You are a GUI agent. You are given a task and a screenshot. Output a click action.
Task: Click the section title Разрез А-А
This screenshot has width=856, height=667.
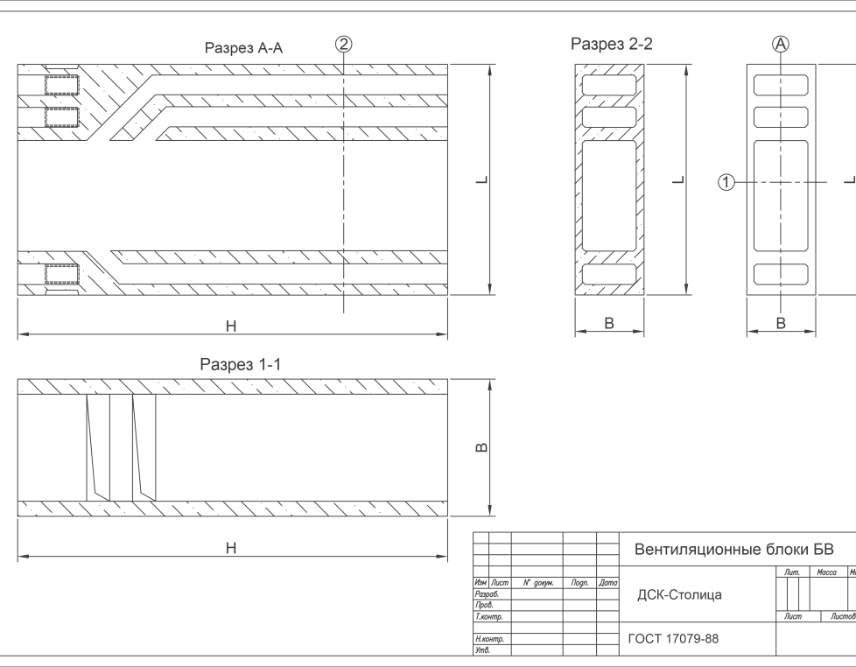click(243, 48)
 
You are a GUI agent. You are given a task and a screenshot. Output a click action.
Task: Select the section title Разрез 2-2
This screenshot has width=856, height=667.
click(612, 44)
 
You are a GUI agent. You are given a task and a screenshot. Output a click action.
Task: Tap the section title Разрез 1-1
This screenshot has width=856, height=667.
click(240, 364)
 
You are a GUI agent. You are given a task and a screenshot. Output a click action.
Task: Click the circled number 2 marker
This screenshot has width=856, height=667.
click(345, 45)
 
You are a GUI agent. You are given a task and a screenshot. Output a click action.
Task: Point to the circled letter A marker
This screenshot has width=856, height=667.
click(781, 45)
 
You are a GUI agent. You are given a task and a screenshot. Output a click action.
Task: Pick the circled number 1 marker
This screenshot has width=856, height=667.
click(726, 182)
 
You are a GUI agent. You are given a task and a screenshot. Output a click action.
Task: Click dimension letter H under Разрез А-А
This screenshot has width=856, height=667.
click(231, 326)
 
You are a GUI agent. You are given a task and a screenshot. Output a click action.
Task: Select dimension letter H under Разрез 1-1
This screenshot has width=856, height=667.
click(231, 548)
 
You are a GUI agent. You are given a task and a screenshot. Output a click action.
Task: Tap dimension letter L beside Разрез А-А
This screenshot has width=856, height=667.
click(481, 179)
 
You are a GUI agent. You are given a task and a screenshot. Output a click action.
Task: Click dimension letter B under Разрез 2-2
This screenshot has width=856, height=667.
click(610, 323)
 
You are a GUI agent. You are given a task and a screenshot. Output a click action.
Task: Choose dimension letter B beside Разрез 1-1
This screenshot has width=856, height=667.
click(481, 448)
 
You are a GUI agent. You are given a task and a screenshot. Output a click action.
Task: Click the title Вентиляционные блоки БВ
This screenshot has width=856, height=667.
click(733, 550)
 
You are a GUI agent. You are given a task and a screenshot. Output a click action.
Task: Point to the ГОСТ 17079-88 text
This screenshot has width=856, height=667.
click(673, 639)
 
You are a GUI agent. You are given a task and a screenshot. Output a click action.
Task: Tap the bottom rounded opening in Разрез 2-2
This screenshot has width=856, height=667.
click(610, 274)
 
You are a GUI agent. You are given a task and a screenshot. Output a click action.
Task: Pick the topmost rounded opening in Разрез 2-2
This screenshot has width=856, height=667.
click(610, 85)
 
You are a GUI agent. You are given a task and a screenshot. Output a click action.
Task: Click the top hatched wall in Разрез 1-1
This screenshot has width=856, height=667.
click(233, 386)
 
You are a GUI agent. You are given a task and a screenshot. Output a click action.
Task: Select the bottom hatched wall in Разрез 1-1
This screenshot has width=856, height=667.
click(233, 508)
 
